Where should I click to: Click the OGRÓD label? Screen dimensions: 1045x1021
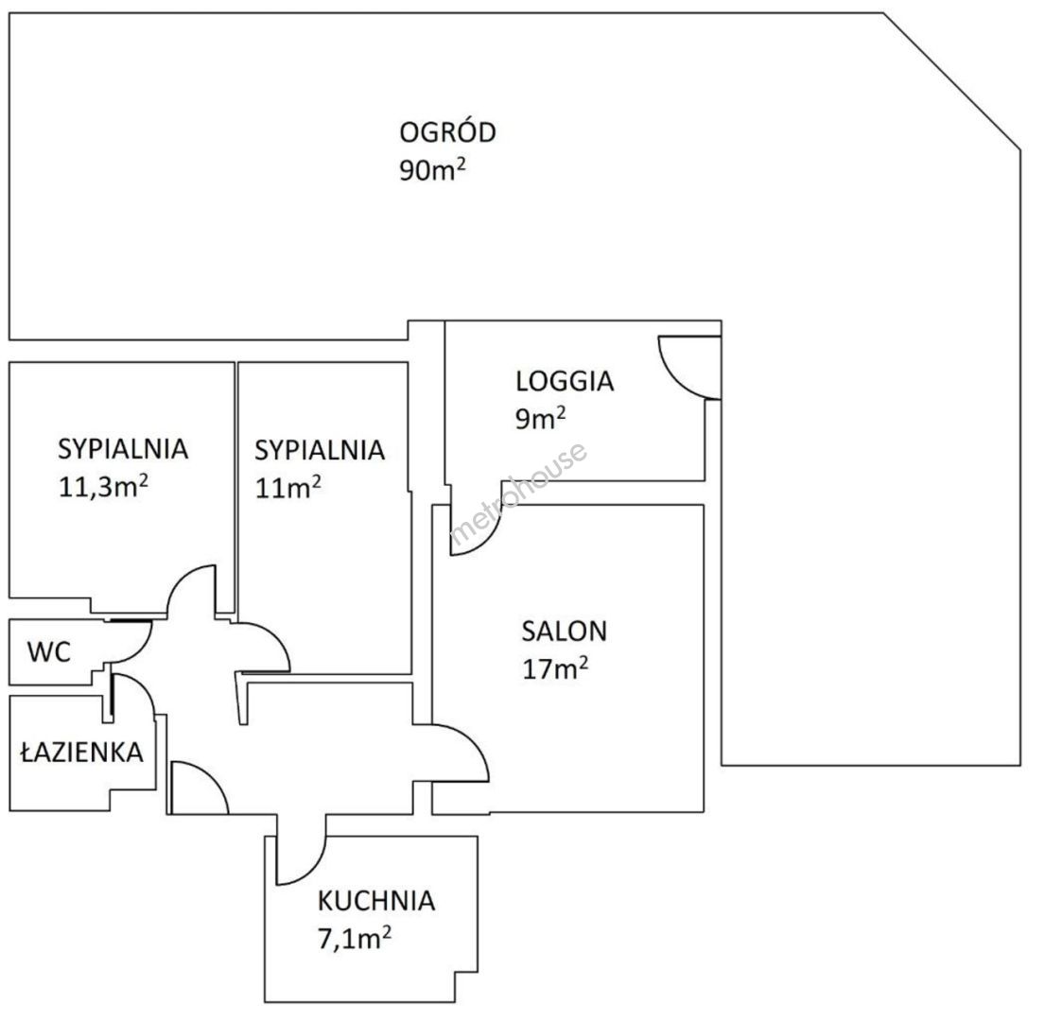[447, 131]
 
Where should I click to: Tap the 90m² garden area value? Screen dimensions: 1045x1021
[432, 170]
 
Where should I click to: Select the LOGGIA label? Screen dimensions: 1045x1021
[565, 381]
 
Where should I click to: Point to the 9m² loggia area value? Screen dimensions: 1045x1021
[541, 419]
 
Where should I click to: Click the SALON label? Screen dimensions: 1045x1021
[564, 631]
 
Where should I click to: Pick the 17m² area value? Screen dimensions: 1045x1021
[555, 668]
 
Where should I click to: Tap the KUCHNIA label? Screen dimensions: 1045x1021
[375, 901]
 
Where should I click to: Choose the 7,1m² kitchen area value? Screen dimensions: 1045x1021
[355, 939]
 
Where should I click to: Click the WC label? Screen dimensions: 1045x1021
[48, 652]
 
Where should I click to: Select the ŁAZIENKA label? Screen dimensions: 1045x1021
[82, 752]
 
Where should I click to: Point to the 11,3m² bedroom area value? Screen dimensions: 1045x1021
[103, 487]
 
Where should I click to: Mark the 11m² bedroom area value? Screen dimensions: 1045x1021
[287, 488]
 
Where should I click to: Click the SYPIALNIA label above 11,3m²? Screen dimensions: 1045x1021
[123, 449]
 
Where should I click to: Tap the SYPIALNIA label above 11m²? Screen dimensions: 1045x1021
[320, 450]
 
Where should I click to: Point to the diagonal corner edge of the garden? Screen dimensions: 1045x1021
[952, 80]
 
